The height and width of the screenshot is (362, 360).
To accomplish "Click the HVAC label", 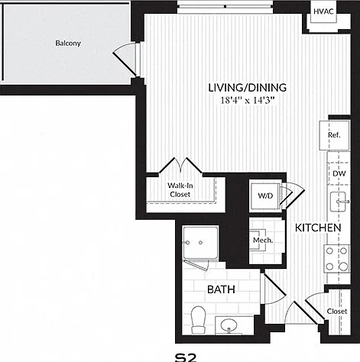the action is coord(323,11).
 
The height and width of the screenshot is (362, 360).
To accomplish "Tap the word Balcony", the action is coord(68,43).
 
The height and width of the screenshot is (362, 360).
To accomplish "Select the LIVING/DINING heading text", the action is coord(248,88).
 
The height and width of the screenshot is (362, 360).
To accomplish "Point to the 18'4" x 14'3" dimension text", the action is coord(248,100).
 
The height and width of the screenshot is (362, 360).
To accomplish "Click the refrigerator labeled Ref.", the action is coord(334,135).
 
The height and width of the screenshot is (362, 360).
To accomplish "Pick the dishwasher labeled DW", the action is coord(339,173).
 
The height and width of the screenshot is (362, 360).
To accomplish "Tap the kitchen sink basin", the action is coord(338,202).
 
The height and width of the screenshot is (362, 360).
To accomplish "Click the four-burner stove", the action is coord(337,259).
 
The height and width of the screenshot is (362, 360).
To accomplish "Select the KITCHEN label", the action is coord(318,228).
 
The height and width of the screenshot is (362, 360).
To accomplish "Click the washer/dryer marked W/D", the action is coord(265,196).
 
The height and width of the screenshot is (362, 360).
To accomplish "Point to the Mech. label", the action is coord(263,240).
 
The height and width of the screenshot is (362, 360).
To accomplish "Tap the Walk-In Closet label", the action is coord(180,190).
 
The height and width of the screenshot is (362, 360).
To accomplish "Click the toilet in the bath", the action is coord(198,320).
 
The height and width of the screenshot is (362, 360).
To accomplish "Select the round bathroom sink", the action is coord(229,325).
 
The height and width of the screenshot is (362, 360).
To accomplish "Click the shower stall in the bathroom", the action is coord(200,243).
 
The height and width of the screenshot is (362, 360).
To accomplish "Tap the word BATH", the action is coord(221,289).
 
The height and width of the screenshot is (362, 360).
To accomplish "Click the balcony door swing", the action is coord(125,60).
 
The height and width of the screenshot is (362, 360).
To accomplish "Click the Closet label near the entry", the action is coord(337,312).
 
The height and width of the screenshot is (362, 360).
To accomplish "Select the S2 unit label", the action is coord(186,357).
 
